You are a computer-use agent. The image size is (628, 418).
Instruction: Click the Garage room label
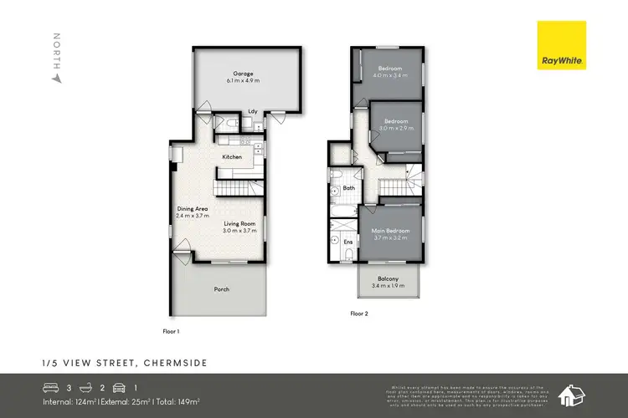[x=244, y=74]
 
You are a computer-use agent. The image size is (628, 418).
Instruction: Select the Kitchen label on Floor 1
[x=232, y=156]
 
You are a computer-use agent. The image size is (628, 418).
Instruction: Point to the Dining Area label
[x=192, y=208]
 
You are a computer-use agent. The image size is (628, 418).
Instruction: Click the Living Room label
[x=239, y=223]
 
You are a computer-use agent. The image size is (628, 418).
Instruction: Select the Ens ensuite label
[x=347, y=242]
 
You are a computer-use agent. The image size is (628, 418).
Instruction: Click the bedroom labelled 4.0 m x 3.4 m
[x=390, y=68]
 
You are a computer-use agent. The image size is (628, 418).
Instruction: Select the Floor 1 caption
[x=171, y=331]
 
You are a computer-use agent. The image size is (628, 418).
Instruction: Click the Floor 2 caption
[x=358, y=314]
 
